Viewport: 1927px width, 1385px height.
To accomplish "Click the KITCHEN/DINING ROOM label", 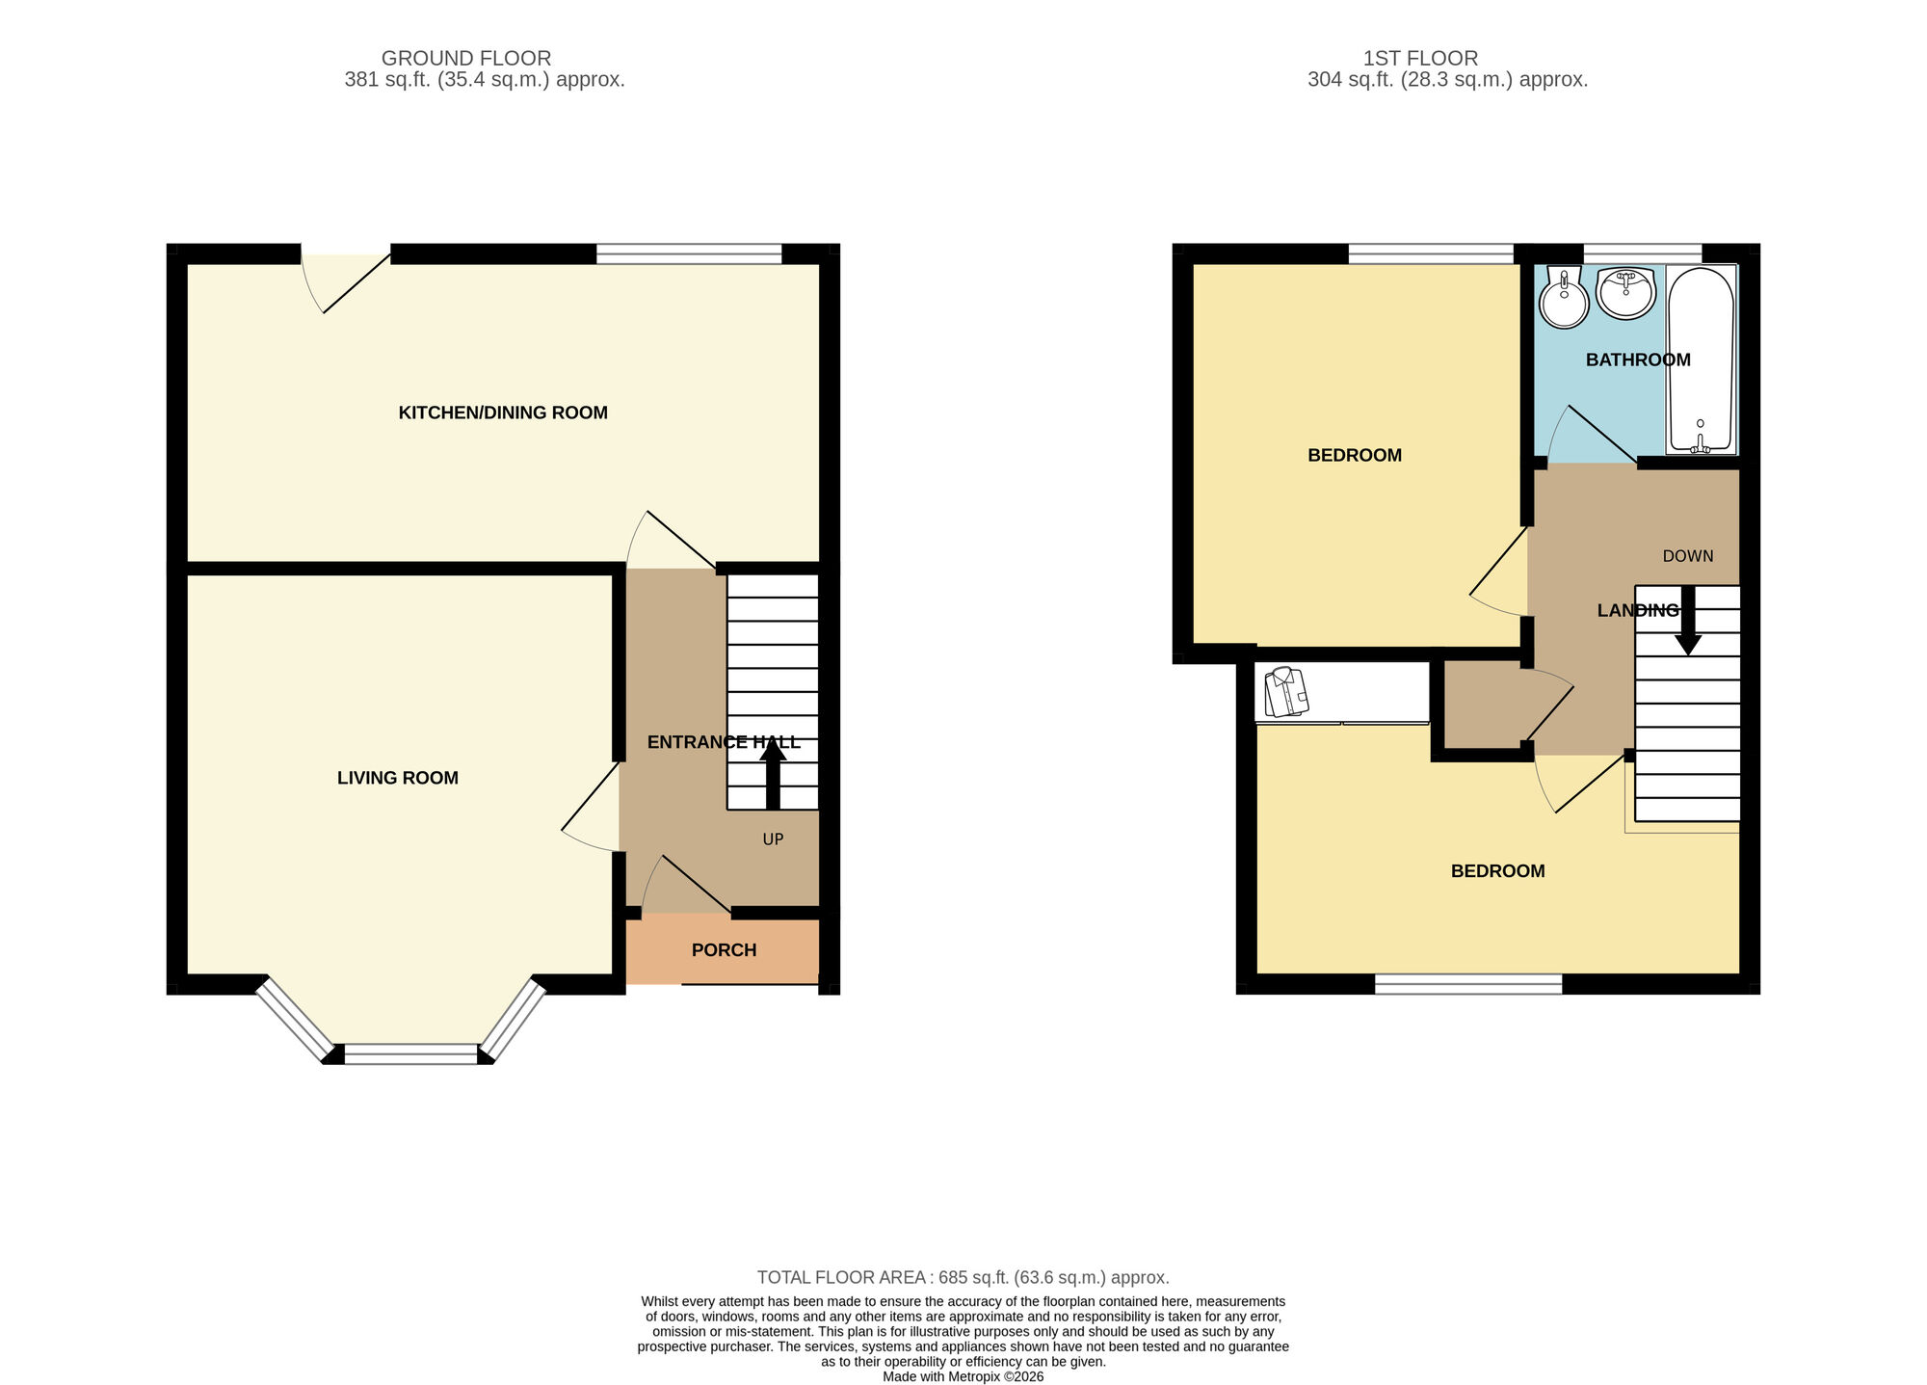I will pyautogui.click(x=503, y=413).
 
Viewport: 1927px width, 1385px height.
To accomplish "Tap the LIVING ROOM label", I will pyautogui.click(x=397, y=778).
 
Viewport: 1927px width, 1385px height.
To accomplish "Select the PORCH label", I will pyautogui.click(x=724, y=950).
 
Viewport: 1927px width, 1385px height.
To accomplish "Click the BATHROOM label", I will pyautogui.click(x=1638, y=360).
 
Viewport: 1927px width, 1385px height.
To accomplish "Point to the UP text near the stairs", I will pyautogui.click(x=773, y=839).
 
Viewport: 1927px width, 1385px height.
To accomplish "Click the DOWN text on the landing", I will pyautogui.click(x=1688, y=556).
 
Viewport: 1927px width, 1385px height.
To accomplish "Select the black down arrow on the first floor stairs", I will pyautogui.click(x=1687, y=622).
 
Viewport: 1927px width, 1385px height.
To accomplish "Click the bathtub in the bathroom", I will pyautogui.click(x=1701, y=359).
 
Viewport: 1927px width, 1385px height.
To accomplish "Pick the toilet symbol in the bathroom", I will pyautogui.click(x=1564, y=299).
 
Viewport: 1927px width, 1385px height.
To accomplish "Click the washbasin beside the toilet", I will pyautogui.click(x=1625, y=292).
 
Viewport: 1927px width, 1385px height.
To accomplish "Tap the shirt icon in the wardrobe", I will pyautogui.click(x=1286, y=692).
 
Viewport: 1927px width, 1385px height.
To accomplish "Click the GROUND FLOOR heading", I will pyautogui.click(x=466, y=58).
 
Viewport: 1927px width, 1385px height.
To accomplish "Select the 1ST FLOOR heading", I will pyautogui.click(x=1420, y=58).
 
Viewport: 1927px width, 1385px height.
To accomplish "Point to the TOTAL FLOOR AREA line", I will pyautogui.click(x=963, y=1277).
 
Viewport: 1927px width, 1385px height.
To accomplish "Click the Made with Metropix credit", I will pyautogui.click(x=963, y=1376).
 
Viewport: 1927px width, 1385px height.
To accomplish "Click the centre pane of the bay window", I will pyautogui.click(x=410, y=1054).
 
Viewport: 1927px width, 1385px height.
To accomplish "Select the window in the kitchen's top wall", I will pyautogui.click(x=689, y=253).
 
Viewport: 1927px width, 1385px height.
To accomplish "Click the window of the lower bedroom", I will pyautogui.click(x=1467, y=984).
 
